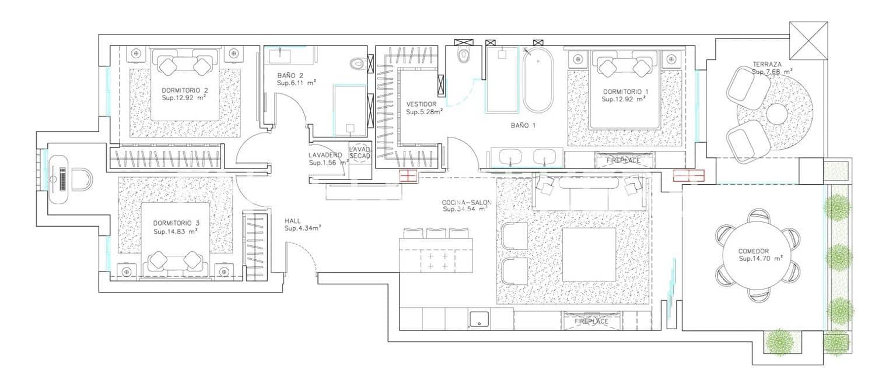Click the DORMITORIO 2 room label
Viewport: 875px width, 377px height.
185,90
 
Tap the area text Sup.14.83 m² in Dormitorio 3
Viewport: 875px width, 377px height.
175,231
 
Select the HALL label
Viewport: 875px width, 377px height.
293,221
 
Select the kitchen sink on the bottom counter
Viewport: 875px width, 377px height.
479,319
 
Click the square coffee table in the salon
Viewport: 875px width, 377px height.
589,254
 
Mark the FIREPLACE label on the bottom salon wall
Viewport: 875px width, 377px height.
591,321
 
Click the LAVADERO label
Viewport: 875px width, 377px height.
325,155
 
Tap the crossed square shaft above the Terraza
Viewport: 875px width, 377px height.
808,40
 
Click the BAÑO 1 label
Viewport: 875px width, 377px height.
523,125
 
